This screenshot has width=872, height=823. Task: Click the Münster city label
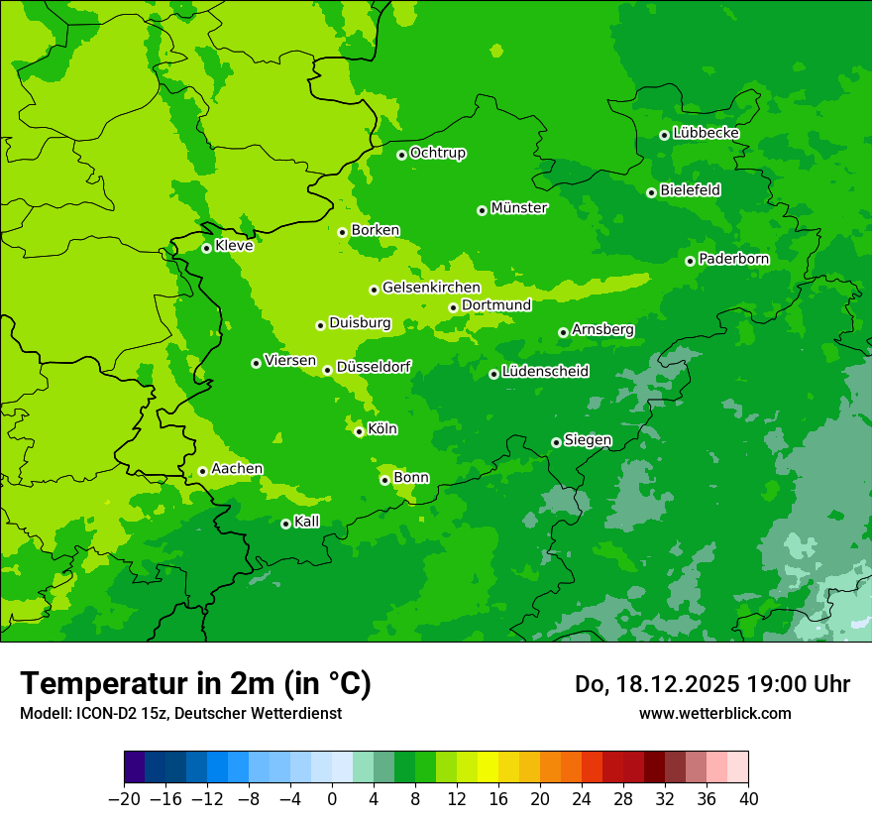point(518,208)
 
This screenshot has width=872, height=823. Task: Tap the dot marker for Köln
point(359,431)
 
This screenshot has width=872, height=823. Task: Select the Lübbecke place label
point(706,133)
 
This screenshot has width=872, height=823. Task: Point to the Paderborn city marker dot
point(690,261)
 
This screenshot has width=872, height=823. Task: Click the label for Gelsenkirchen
point(431,288)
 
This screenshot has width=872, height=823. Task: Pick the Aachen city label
point(237,469)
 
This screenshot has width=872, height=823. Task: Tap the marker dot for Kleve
point(206,248)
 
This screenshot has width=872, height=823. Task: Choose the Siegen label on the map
point(588,440)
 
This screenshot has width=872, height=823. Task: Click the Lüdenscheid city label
point(545,372)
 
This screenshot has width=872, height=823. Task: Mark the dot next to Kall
point(285,524)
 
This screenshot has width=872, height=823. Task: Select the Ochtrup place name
point(437,153)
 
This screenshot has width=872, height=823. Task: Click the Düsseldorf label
point(374,367)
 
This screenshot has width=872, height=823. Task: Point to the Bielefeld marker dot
point(651,192)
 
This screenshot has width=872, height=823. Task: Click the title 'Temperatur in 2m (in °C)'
point(195,683)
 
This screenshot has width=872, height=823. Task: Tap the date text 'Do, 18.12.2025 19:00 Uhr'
point(711,684)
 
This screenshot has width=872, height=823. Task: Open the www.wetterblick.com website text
point(714,713)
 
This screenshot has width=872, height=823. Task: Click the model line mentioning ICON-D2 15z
point(180,713)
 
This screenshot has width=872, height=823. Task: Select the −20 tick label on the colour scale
point(124,799)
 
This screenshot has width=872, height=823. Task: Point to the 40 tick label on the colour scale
point(748,799)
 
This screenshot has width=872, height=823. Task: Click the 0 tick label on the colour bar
point(332,799)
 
